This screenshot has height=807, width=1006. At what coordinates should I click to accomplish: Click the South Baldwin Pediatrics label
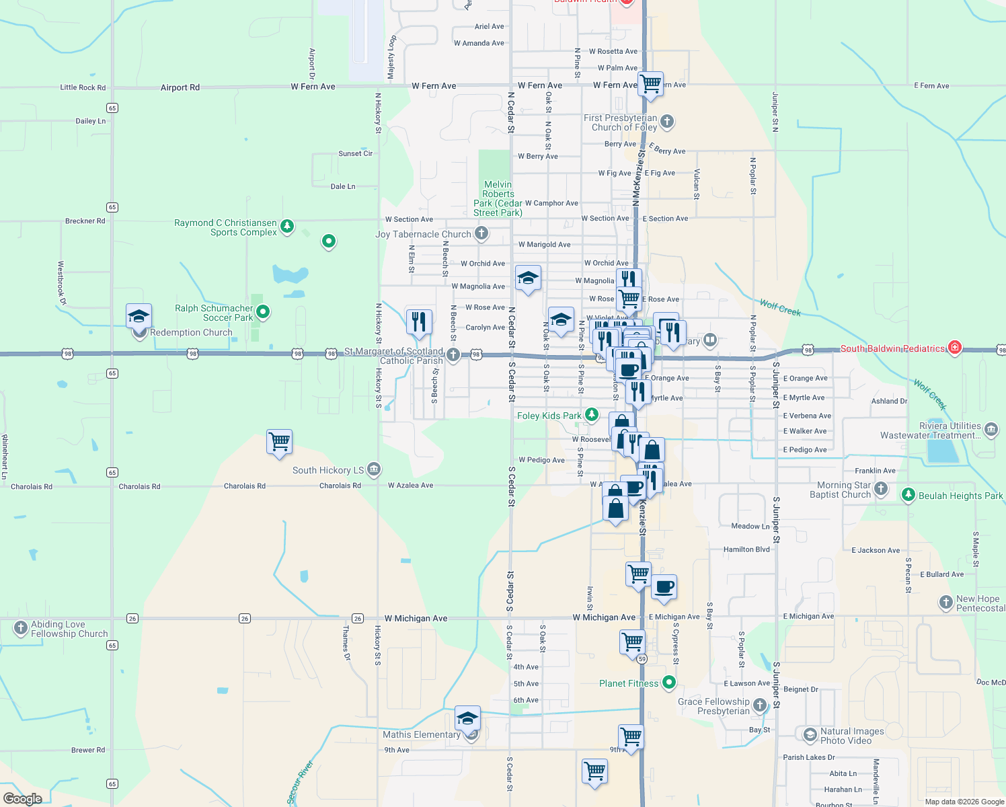(x=892, y=348)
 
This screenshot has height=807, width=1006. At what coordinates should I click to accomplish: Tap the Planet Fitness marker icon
(x=668, y=683)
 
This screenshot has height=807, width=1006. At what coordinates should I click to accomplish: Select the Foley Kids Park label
(x=549, y=416)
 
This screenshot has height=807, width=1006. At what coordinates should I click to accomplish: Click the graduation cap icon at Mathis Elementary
(x=467, y=718)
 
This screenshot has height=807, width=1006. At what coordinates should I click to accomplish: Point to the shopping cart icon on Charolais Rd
(x=279, y=442)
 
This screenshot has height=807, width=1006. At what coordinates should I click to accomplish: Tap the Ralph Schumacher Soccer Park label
(x=214, y=313)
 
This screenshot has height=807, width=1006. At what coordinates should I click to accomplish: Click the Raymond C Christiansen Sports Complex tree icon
(x=287, y=225)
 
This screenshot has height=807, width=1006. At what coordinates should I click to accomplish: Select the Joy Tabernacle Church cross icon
(x=481, y=233)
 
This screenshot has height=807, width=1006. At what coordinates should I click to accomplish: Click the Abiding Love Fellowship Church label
(x=69, y=629)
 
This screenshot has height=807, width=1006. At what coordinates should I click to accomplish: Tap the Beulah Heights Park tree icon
(x=908, y=495)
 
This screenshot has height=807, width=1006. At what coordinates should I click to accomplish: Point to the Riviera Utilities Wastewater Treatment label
(x=930, y=430)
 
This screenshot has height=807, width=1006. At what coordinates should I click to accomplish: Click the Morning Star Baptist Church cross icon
(x=881, y=489)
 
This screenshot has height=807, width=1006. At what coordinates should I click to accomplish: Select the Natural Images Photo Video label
(x=852, y=736)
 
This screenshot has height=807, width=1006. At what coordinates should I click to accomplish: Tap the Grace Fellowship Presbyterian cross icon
(x=759, y=705)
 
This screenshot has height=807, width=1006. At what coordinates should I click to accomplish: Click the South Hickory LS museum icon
(x=374, y=469)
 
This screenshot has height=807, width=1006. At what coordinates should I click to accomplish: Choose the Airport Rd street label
(x=180, y=87)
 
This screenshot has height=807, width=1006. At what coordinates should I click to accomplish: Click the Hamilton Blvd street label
(x=746, y=549)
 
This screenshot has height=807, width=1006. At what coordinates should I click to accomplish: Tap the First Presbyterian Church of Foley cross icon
(x=666, y=121)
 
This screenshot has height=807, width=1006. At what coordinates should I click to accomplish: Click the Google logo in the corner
(x=23, y=798)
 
